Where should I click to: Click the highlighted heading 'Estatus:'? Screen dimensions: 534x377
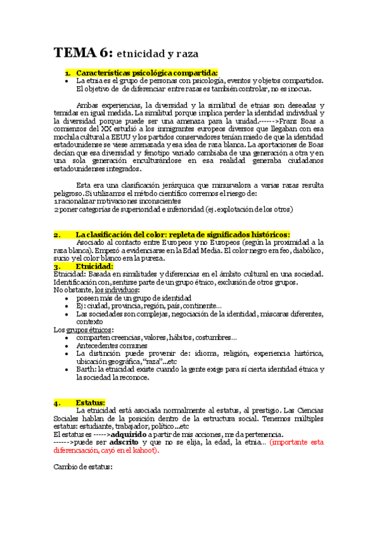pos(91,402)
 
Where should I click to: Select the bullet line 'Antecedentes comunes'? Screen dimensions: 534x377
pos(112,345)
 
